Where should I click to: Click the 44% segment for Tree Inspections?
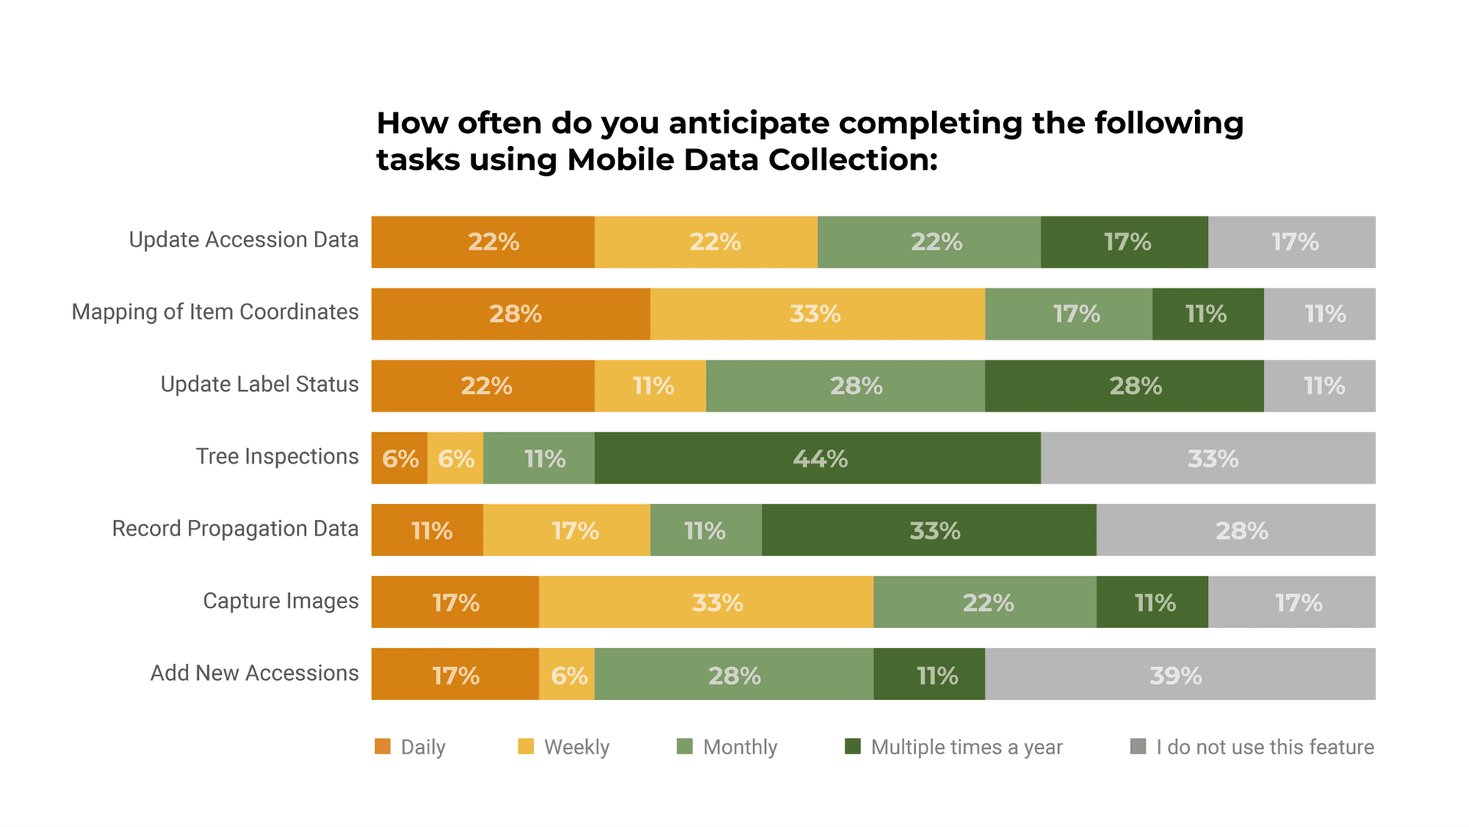click(817, 457)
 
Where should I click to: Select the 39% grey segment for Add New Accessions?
click(1180, 674)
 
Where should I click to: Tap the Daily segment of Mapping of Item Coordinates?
click(511, 314)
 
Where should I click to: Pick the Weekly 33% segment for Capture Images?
click(706, 602)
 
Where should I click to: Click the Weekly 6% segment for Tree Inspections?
click(455, 457)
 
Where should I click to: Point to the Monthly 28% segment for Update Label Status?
click(845, 386)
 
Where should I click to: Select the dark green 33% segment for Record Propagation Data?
click(929, 529)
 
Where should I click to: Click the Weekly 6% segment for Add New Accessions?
click(567, 674)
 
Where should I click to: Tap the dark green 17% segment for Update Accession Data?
click(1125, 242)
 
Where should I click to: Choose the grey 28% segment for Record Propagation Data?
click(1236, 529)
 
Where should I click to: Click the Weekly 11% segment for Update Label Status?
click(650, 386)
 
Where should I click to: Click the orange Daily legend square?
click(383, 746)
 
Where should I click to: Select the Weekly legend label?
click(577, 747)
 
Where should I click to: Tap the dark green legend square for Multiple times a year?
click(852, 746)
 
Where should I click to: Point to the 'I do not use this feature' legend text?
click(1265, 747)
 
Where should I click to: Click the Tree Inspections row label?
click(277, 457)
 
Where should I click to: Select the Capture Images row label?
click(281, 601)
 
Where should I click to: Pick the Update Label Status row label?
click(259, 384)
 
